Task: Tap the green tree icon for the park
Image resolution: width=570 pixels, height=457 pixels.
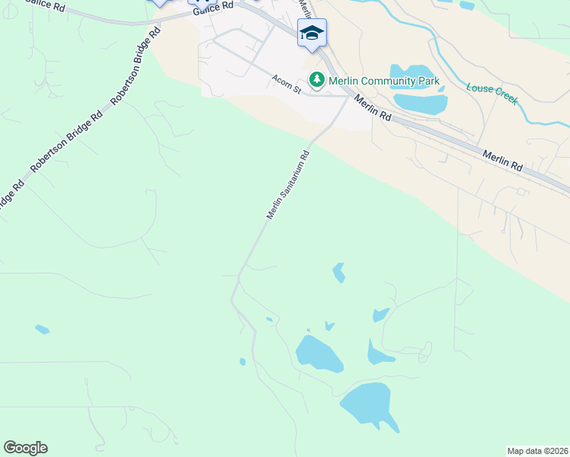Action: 316,79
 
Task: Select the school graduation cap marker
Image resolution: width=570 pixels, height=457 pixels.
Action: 312,33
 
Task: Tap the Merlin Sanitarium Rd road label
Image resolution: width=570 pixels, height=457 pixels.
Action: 288,186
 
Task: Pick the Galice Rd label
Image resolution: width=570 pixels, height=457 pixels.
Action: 213,7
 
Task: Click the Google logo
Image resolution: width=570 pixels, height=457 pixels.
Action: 26,448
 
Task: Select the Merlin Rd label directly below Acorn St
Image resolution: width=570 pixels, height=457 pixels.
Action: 373,105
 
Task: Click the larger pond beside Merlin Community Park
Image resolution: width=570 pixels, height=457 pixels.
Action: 421,104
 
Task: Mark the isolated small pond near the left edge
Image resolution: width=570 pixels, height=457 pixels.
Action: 42,330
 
